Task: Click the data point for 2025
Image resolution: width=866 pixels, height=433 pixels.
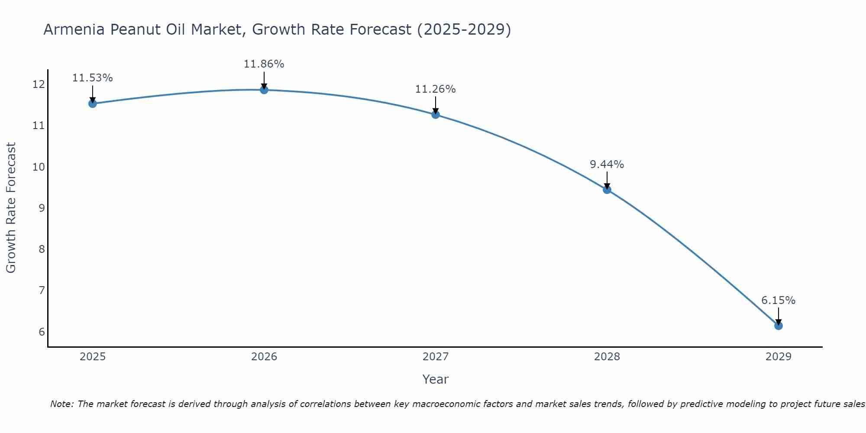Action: point(92,103)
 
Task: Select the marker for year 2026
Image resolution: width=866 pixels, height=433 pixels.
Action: point(264,90)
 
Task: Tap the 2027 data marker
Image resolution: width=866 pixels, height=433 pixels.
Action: point(436,114)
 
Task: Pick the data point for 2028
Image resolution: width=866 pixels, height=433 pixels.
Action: point(607,189)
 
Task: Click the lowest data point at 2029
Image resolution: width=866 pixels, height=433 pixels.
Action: point(778,326)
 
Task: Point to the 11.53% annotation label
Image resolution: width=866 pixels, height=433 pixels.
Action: point(92,78)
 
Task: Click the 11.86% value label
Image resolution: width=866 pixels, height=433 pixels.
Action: point(264,64)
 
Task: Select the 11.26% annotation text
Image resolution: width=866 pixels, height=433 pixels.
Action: point(436,89)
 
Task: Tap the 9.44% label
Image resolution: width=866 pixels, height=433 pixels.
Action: point(607,165)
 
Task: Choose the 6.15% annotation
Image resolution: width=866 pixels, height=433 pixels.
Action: point(778,301)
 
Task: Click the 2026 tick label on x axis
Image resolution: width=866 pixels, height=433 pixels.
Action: point(264,357)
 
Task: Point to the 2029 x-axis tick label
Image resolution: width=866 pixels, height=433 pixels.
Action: point(778,357)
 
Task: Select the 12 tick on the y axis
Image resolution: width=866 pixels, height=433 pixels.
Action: point(39,84)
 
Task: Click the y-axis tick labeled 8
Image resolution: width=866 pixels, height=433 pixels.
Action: point(42,249)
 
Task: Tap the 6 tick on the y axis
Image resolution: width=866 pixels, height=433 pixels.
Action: point(42,332)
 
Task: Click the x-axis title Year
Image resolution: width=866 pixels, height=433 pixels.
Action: point(435,379)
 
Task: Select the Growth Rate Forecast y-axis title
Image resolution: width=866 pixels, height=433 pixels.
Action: point(11,208)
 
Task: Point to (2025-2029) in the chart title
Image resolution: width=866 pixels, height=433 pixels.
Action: point(464,30)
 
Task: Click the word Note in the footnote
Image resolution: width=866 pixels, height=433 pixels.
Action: point(61,404)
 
